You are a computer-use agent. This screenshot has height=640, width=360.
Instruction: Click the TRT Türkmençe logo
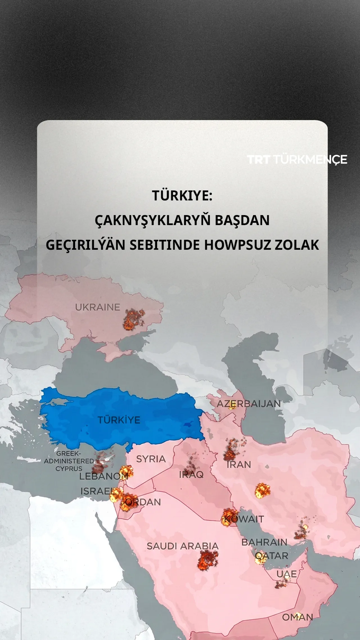point(297,159)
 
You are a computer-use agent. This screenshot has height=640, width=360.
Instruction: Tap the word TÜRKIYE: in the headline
point(182,195)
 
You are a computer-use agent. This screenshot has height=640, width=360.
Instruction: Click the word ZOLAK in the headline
point(297,245)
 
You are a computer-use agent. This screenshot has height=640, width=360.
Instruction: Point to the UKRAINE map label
point(97,307)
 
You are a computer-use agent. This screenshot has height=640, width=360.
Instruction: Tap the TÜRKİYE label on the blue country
point(119,420)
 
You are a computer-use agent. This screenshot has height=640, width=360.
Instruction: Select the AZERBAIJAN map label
point(249,404)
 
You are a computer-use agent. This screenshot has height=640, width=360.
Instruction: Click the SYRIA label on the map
point(151,459)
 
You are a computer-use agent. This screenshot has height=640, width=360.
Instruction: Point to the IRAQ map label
point(191,475)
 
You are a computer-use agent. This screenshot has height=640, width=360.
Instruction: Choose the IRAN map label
point(239,465)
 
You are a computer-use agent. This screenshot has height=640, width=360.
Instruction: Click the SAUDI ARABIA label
point(183,546)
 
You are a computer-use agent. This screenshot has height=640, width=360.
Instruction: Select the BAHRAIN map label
point(264,542)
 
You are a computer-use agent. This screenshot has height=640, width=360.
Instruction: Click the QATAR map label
point(272,556)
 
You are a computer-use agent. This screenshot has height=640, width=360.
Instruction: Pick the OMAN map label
point(298,617)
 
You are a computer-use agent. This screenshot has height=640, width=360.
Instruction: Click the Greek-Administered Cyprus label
point(69,461)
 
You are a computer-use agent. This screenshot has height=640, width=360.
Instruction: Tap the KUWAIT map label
point(244,519)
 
